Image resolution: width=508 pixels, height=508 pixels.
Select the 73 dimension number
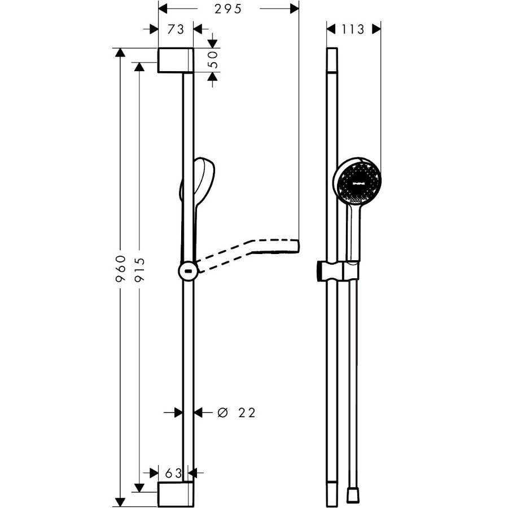(x=176, y=28)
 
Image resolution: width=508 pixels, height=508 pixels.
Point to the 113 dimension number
(x=353, y=28)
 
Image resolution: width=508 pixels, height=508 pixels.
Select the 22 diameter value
(x=246, y=413)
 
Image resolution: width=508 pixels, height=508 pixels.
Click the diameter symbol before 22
(x=222, y=413)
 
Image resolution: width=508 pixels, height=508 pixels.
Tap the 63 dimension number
(x=173, y=471)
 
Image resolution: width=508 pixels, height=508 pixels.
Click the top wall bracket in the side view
(x=176, y=60)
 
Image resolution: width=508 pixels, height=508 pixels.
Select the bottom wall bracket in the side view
(x=176, y=493)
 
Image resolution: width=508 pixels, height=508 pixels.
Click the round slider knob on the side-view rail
(x=187, y=271)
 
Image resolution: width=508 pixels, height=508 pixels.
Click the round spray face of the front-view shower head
(x=356, y=183)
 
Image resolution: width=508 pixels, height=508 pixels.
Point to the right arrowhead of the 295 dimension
(x=294, y=8)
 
